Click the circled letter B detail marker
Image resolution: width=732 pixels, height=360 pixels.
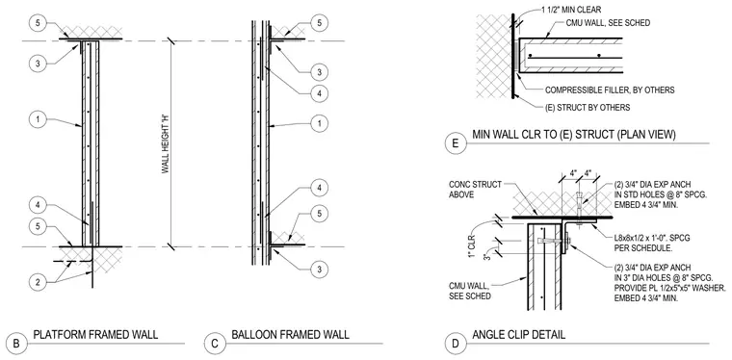pos(16,345)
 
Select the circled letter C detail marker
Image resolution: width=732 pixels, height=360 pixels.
pos(214,345)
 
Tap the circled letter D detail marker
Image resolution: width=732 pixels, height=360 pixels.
pos(455,345)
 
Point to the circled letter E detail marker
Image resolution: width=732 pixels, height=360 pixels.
pos(455,143)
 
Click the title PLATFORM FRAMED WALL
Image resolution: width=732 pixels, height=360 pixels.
pos(95,334)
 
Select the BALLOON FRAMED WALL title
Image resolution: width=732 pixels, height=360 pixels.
pos(290,334)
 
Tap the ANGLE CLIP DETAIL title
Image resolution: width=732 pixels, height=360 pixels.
pos(518,334)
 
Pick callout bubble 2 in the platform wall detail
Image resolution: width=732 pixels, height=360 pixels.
pos(38,281)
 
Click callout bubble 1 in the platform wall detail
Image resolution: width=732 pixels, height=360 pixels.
pos(38,119)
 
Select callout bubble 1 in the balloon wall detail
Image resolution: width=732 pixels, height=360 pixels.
pos(320,123)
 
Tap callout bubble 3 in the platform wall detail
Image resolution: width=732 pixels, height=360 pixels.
pos(38,64)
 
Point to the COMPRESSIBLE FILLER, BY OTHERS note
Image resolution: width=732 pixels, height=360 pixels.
pos(610,90)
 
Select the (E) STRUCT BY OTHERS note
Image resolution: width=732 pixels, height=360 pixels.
pos(588,108)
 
